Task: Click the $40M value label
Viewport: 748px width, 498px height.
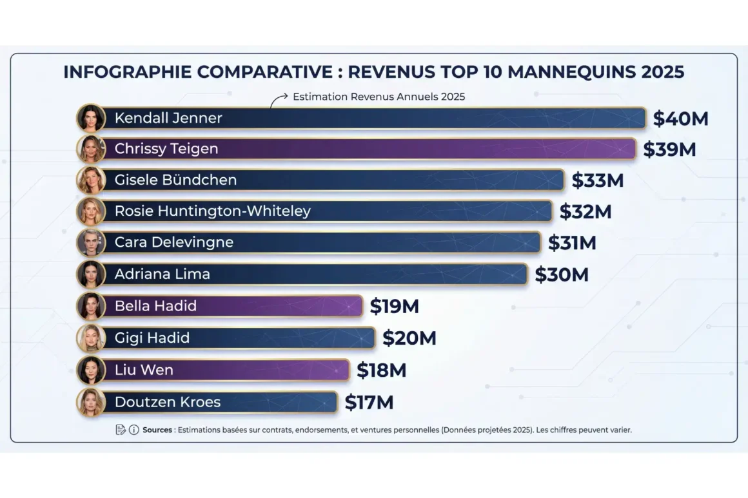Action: tap(680, 119)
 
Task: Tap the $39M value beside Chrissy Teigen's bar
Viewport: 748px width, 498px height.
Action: tap(669, 149)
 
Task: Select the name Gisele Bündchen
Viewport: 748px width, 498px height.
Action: tap(175, 180)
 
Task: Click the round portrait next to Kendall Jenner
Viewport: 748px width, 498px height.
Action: tap(90, 119)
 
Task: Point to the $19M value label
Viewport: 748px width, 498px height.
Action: tap(394, 307)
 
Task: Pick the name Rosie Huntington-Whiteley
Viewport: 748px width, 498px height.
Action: tap(212, 211)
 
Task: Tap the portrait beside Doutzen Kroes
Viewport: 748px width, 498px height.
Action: tap(90, 403)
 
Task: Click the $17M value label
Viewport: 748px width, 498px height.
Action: tap(369, 403)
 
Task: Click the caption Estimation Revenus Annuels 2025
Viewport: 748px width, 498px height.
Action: tap(379, 97)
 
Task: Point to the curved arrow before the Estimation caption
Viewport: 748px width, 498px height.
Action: tap(278, 99)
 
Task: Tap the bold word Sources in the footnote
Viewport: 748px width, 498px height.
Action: tap(157, 430)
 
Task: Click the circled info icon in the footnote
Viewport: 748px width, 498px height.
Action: tap(133, 430)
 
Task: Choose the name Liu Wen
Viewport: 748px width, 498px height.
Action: tap(144, 370)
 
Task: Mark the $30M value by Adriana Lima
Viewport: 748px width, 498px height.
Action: tap(562, 274)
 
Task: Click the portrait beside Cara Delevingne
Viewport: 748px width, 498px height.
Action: tap(90, 243)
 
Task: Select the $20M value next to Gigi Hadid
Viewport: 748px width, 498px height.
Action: tap(409, 338)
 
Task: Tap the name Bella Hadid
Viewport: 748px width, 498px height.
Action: tap(155, 306)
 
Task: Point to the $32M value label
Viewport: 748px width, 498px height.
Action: tap(585, 211)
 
